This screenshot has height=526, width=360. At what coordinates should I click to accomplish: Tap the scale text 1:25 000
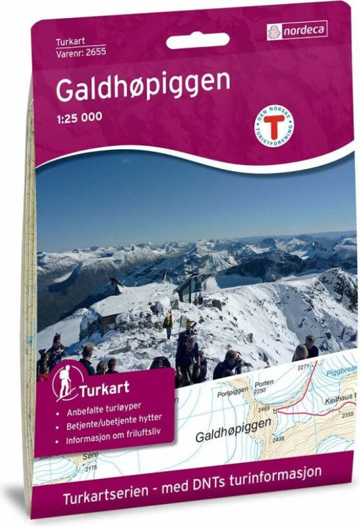point(79,116)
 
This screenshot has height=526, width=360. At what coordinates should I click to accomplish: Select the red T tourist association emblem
point(274,123)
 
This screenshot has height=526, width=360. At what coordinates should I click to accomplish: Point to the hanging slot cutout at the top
point(197,41)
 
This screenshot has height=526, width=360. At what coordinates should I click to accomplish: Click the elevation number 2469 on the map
point(264,409)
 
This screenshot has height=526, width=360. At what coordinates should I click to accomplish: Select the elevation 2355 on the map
point(347,415)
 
